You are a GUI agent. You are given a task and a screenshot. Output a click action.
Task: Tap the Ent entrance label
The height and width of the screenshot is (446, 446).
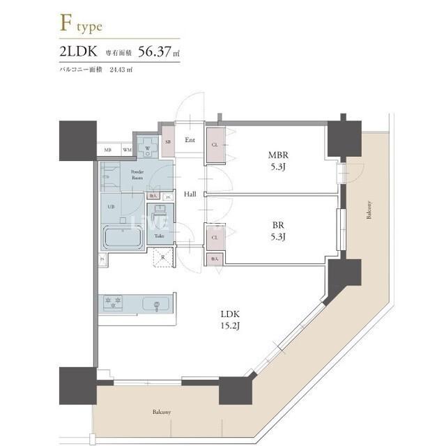[x=190, y=140]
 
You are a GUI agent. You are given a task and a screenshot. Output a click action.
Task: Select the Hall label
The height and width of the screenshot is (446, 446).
[x=190, y=194]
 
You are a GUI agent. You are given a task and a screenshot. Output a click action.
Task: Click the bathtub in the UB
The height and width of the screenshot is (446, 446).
[x=123, y=238]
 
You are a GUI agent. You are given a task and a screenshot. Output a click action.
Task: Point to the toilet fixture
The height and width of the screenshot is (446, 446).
[x=160, y=217]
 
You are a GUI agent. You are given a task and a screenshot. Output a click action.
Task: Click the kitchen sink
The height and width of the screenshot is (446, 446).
[x=156, y=304]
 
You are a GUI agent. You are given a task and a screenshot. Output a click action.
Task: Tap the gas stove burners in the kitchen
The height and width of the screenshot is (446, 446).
[x=114, y=303]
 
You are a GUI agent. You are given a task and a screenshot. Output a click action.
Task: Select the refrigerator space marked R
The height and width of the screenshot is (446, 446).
[x=162, y=257]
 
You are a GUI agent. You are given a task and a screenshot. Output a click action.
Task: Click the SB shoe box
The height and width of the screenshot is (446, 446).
[x=167, y=142]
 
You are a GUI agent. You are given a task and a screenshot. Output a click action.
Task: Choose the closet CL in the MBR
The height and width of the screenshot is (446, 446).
[x=215, y=144]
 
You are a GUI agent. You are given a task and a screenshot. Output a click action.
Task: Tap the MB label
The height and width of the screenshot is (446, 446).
[x=108, y=150]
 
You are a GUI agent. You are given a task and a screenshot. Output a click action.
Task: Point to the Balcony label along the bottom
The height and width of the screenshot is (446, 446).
[x=162, y=412]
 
